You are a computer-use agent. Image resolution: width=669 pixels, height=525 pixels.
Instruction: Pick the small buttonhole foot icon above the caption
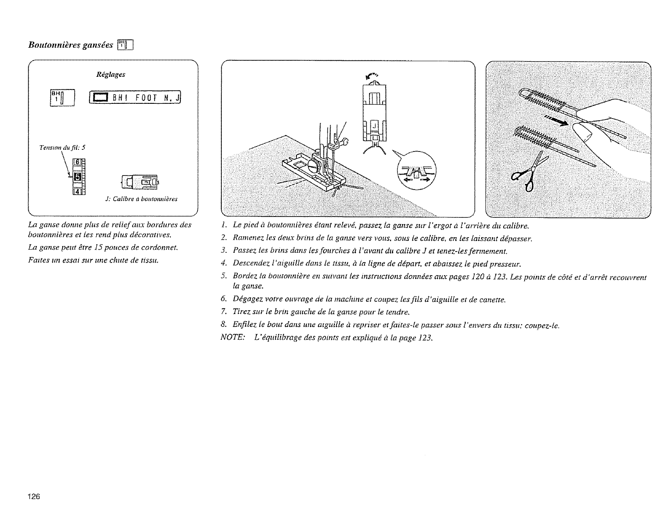pyautogui.click(x=139, y=182)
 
